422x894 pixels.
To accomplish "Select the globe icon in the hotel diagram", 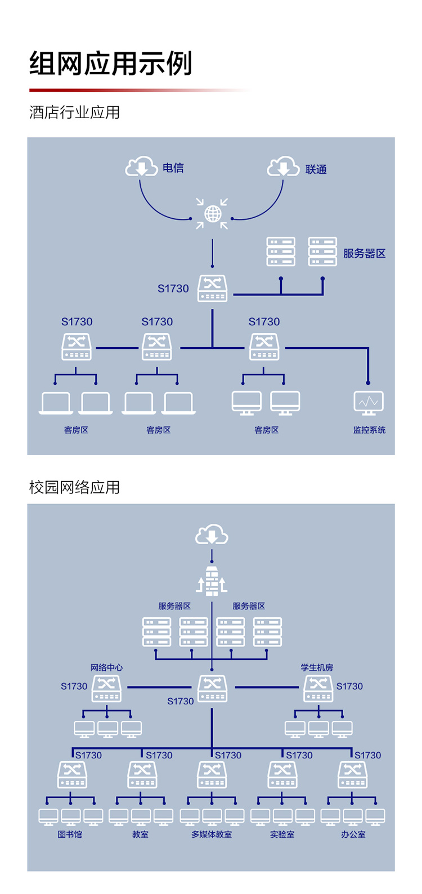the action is pyautogui.click(x=212, y=214).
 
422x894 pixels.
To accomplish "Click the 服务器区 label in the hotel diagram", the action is pyautogui.click(x=364, y=253).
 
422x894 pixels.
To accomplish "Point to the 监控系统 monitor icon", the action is pyautogui.click(x=369, y=403).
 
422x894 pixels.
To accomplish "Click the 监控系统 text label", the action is pyautogui.click(x=369, y=430).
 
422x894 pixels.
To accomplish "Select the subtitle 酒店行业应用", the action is pyautogui.click(x=74, y=113).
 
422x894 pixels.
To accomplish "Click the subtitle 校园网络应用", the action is pyautogui.click(x=74, y=487).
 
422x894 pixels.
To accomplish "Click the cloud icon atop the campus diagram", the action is pyautogui.click(x=212, y=534).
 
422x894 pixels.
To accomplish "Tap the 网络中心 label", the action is pyautogui.click(x=106, y=667).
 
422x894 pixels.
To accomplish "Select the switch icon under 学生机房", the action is pyautogui.click(x=318, y=689).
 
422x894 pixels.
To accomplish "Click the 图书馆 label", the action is pyautogui.click(x=70, y=834).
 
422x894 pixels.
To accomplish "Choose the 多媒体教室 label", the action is pyautogui.click(x=212, y=834).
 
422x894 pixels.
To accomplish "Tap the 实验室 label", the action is pyautogui.click(x=282, y=834).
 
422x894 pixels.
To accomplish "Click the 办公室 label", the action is pyautogui.click(x=353, y=834).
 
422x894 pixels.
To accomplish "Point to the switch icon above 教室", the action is pyautogui.click(x=142, y=775).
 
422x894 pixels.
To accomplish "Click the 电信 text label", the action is pyautogui.click(x=173, y=168).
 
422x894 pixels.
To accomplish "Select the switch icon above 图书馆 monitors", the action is pyautogui.click(x=72, y=775).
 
